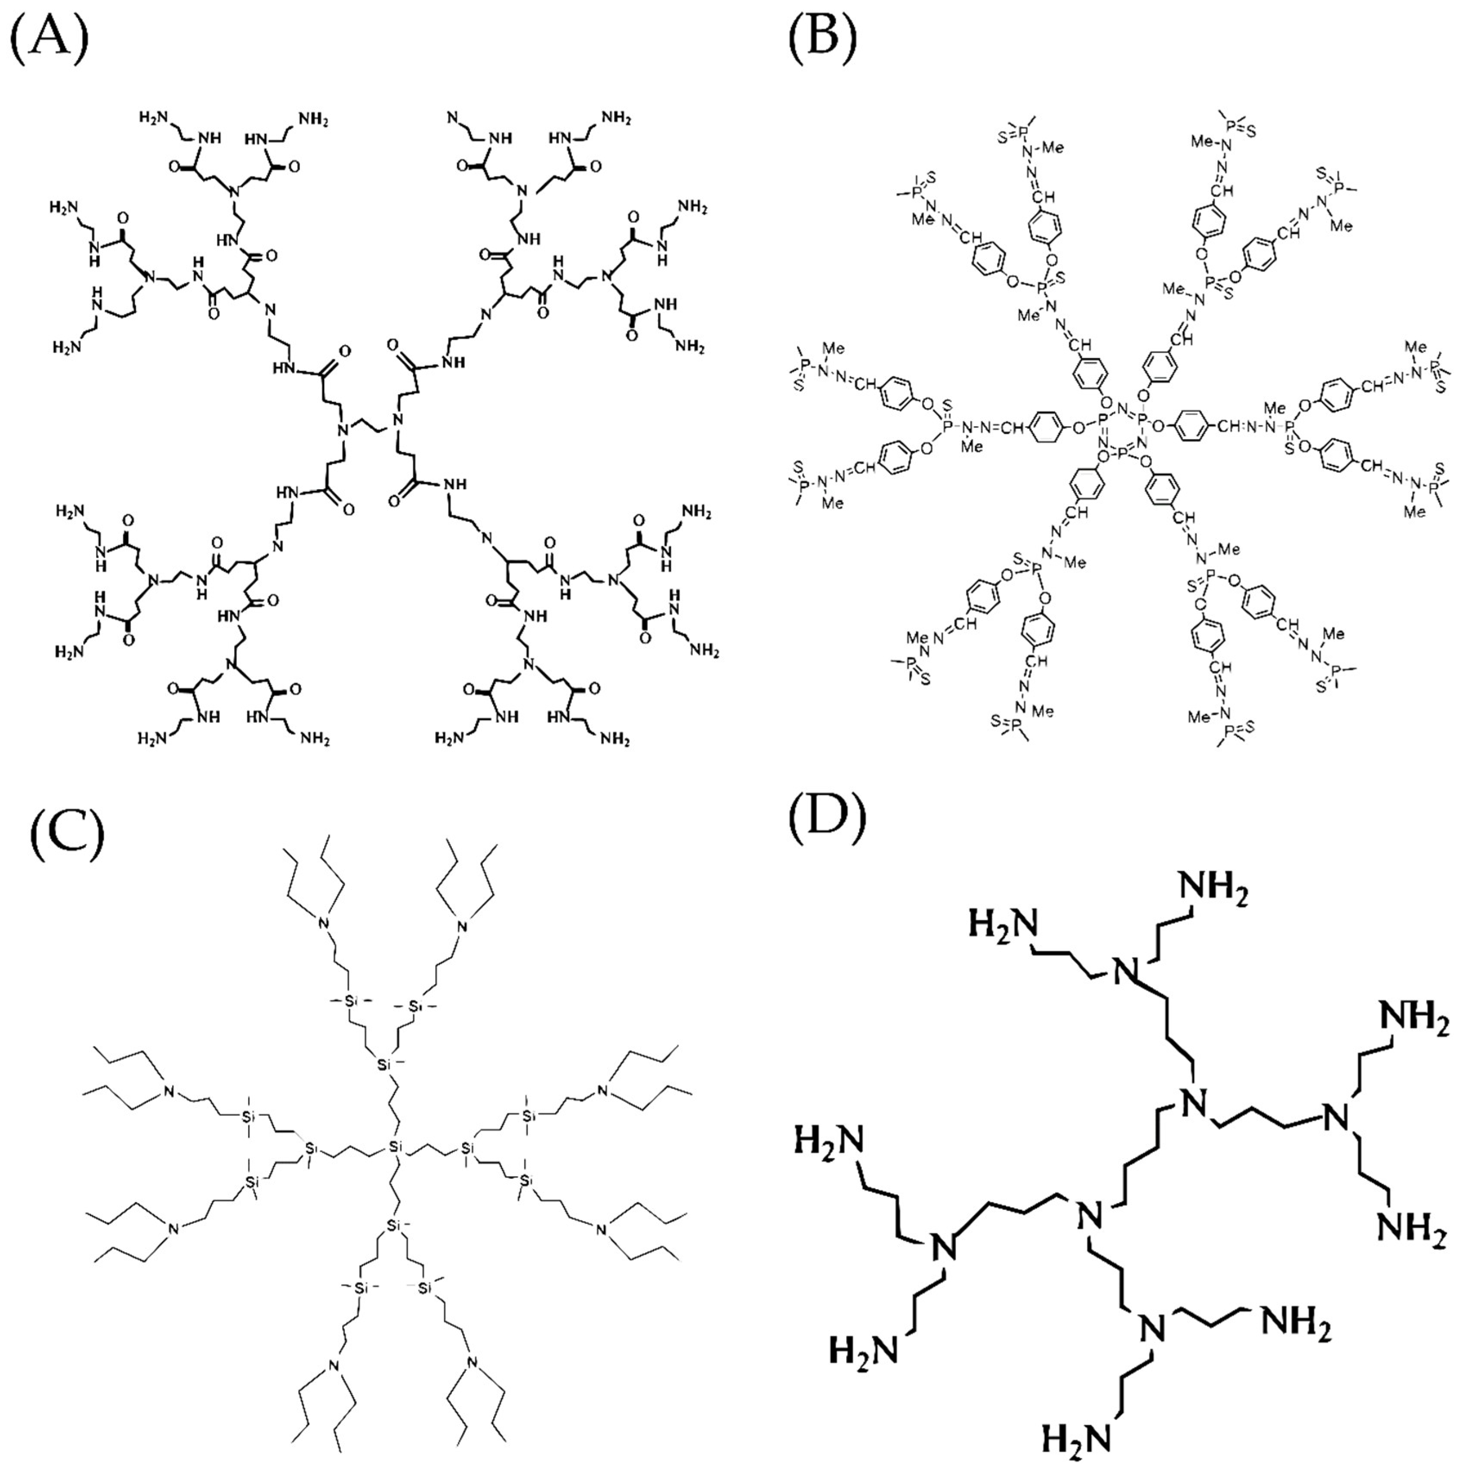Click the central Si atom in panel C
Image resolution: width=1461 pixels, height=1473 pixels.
[395, 1146]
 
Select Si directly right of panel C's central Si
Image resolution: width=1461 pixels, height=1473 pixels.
[467, 1147]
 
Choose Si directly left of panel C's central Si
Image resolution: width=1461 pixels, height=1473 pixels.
[310, 1147]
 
